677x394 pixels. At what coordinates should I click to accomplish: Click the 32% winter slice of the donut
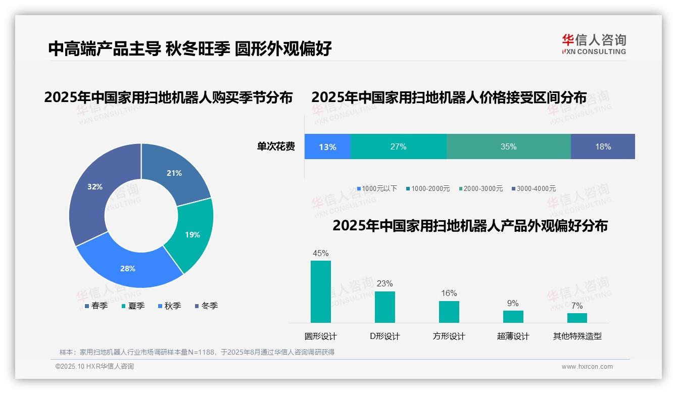tap(96, 192)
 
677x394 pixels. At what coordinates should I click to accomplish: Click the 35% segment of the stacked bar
tap(508, 146)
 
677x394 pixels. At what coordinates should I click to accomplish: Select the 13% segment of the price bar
tap(327, 146)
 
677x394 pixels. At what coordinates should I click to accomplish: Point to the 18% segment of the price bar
tap(603, 146)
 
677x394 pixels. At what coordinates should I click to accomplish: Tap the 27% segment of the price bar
tap(398, 146)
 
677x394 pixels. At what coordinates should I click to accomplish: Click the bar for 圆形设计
tap(320, 291)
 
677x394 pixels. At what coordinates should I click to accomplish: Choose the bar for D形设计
tap(384, 307)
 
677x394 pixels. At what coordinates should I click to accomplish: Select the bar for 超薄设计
tap(513, 316)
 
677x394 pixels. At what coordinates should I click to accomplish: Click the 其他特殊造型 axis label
tap(577, 336)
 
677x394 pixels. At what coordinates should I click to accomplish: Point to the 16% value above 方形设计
tap(449, 293)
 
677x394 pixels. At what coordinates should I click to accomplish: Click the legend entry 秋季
tap(170, 306)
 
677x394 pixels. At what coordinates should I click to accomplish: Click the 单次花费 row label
tap(276, 146)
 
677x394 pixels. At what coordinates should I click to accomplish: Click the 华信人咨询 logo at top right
tap(594, 44)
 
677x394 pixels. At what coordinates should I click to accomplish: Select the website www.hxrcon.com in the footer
tap(587, 366)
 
